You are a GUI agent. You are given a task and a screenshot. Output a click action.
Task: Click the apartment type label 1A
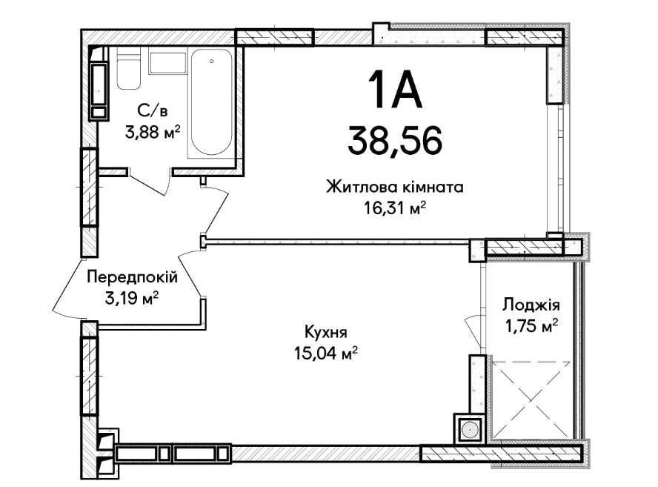(x=393, y=93)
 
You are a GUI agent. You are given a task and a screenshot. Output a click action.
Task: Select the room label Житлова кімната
(x=394, y=188)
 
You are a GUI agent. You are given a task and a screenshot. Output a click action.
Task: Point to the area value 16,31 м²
(x=394, y=209)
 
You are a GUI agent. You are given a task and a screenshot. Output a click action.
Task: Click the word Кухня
(x=325, y=333)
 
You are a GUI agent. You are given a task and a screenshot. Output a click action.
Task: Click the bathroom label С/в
(x=152, y=111)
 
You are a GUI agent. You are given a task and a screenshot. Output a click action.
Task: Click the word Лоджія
(x=531, y=304)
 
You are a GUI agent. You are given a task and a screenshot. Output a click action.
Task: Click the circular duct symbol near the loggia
(x=468, y=428)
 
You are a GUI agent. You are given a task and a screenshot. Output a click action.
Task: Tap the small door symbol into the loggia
(x=471, y=327)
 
